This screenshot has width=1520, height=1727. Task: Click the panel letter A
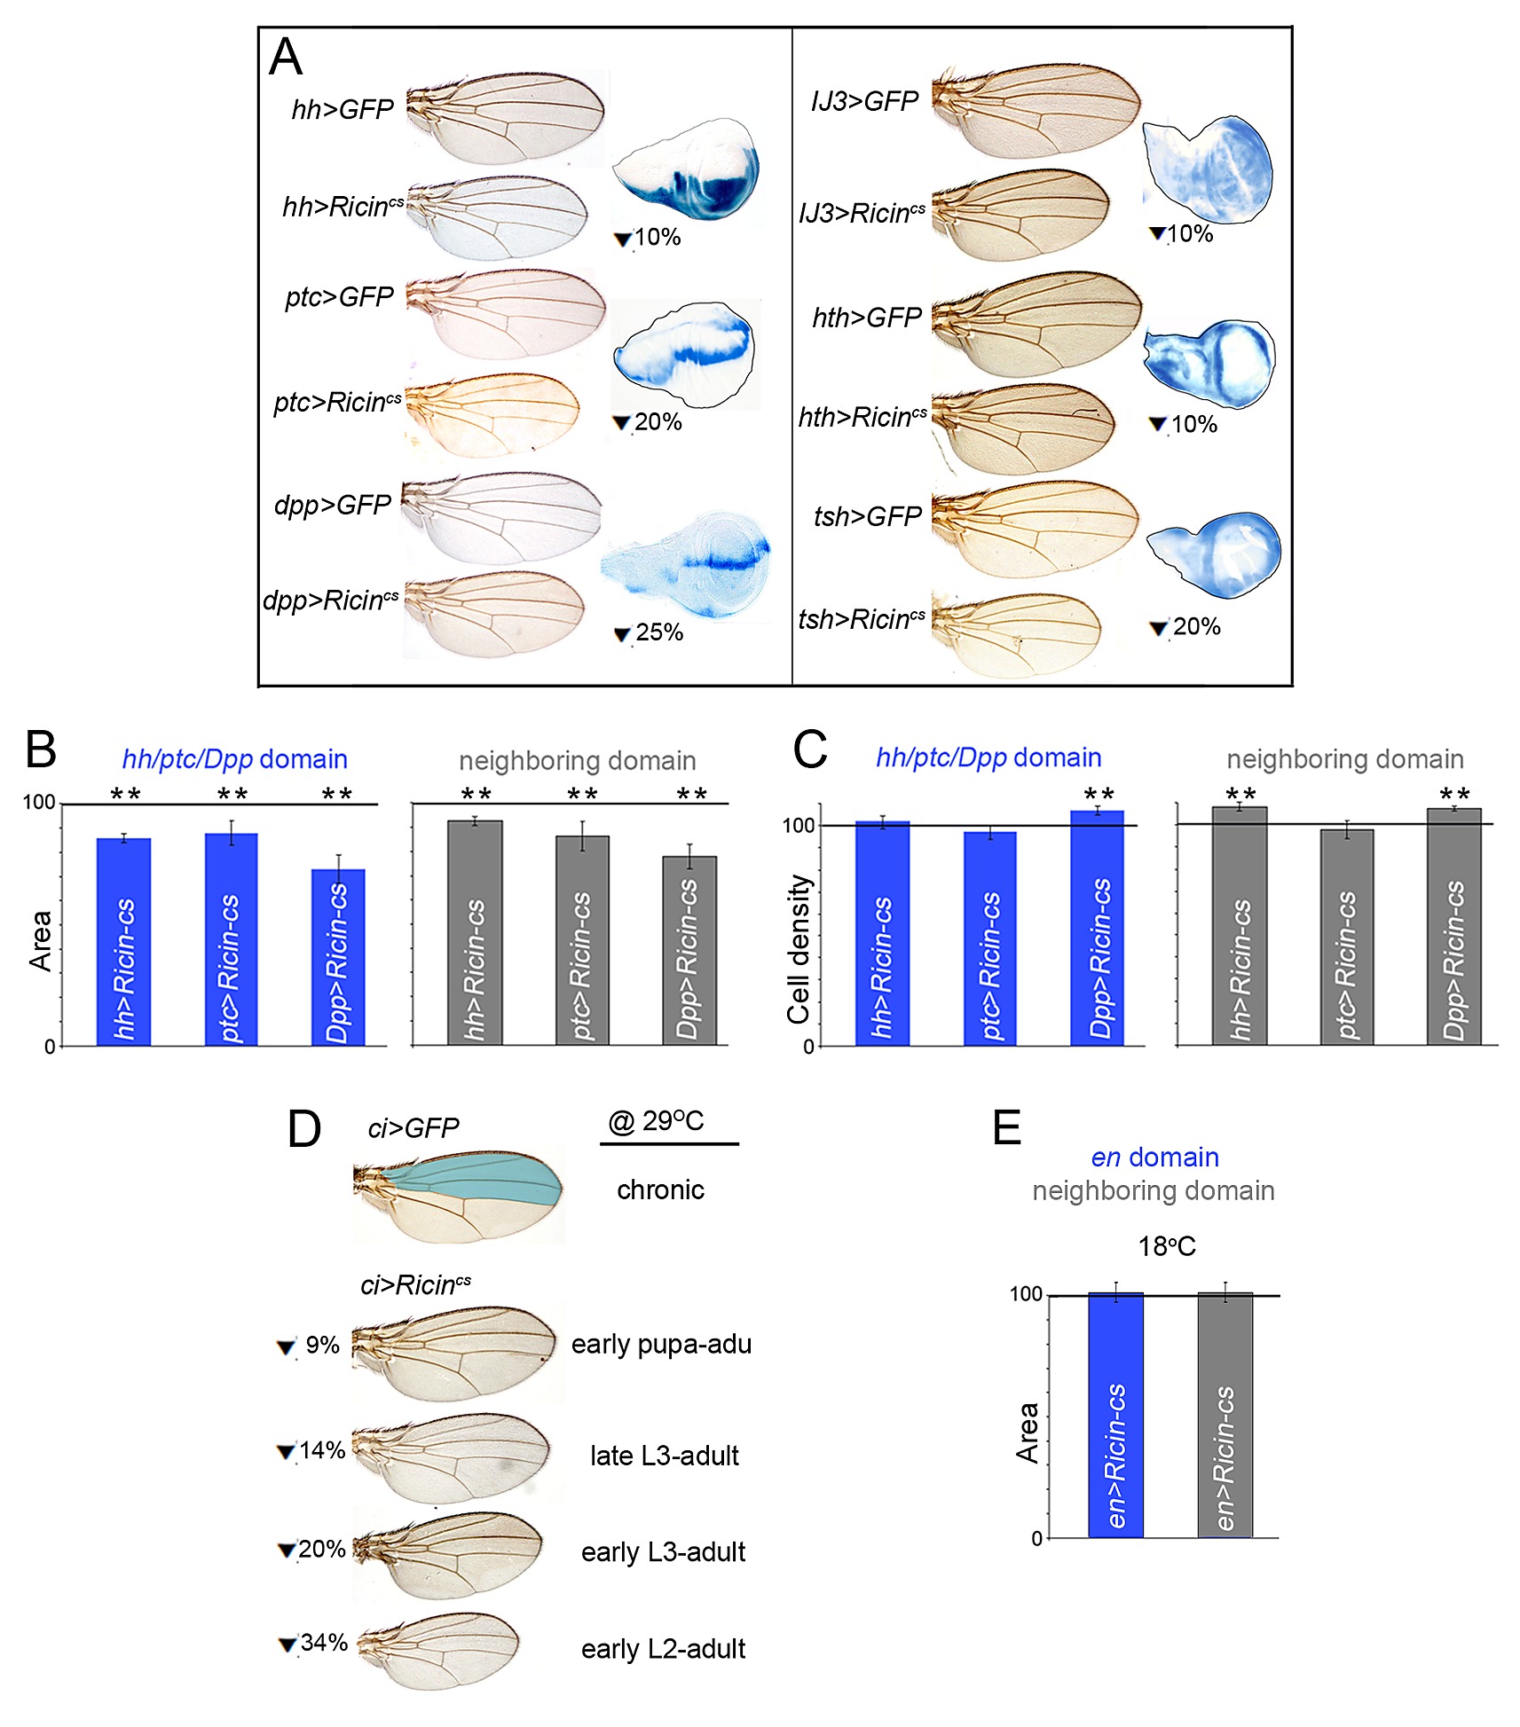click(x=286, y=58)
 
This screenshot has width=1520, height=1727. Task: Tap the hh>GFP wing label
click(x=343, y=109)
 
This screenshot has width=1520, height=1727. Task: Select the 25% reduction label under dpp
click(x=649, y=632)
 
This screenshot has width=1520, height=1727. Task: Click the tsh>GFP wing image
click(x=1036, y=530)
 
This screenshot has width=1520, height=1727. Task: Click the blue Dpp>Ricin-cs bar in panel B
click(x=338, y=957)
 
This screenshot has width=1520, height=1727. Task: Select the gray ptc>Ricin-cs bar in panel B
click(x=582, y=940)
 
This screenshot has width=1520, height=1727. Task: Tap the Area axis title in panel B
click(x=41, y=941)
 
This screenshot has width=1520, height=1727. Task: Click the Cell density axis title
click(x=799, y=948)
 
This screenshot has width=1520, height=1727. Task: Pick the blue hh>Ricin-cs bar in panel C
click(x=882, y=933)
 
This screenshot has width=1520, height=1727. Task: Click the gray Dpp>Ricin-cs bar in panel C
click(x=1453, y=926)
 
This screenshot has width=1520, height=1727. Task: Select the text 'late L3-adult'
click(x=665, y=1456)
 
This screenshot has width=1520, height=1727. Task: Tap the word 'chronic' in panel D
click(x=660, y=1189)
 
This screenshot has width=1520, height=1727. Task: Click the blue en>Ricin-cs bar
click(x=1115, y=1415)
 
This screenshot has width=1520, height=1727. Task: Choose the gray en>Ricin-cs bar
click(x=1225, y=1415)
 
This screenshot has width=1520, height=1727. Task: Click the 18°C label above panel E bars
click(x=1167, y=1246)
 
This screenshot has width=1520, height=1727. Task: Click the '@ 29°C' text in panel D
click(x=656, y=1121)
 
